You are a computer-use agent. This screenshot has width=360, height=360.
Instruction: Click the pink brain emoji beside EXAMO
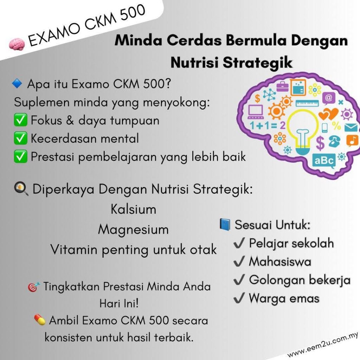tap(17, 44)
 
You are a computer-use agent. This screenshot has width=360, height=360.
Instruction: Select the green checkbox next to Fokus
tap(20, 120)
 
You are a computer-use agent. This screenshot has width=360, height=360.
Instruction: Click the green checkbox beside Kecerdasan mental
tap(20, 138)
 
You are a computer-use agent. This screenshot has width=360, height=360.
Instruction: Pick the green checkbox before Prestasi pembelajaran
tap(20, 156)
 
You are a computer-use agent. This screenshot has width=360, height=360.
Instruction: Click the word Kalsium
tap(133, 209)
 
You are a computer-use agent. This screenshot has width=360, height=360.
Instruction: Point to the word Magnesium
tap(133, 230)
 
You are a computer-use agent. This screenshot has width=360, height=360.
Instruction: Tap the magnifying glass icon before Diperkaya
tap(21, 189)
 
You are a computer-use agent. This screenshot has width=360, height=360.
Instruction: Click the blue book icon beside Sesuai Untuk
tap(225, 224)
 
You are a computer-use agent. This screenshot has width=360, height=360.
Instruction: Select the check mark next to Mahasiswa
tap(239, 262)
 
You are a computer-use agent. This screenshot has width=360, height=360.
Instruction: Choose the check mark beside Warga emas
tap(239, 298)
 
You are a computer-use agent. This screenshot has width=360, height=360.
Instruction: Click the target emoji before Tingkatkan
tap(33, 287)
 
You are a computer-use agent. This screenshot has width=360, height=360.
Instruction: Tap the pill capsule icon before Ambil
tap(40, 320)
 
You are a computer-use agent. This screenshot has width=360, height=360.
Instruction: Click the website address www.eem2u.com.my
tap(323, 345)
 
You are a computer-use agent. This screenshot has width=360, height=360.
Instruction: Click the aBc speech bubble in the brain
tap(324, 161)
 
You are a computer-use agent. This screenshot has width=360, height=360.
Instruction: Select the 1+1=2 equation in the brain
tap(268, 126)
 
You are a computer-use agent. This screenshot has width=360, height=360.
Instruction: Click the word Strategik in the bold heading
tap(258, 63)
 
